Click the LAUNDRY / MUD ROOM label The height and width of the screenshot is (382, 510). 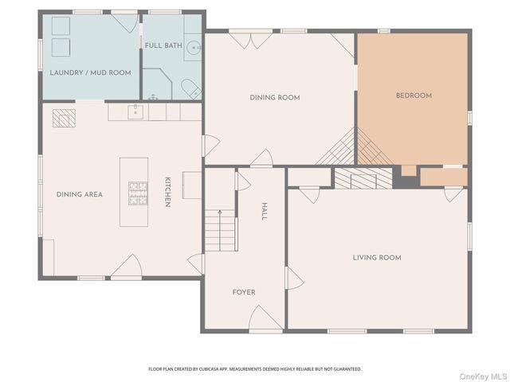[90, 72]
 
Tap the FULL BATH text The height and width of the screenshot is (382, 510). [163, 45]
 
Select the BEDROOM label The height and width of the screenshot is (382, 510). [414, 95]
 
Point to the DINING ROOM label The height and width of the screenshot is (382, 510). [274, 97]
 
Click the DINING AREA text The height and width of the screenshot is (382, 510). [80, 194]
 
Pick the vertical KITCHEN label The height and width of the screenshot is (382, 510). [167, 192]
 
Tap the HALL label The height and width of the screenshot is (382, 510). [265, 211]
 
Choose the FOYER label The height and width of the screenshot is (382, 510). [244, 292]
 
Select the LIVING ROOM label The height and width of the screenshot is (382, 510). [377, 257]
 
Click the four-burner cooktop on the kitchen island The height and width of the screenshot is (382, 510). [138, 192]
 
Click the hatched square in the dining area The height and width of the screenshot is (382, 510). [62, 119]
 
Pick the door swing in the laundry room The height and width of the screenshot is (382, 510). [125, 23]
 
